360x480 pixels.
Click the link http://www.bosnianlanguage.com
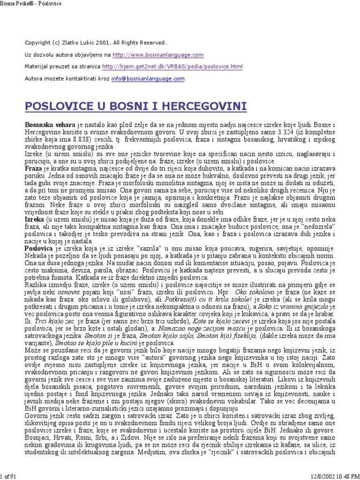pyautogui.click(x=158, y=55)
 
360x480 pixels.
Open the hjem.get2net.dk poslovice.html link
pyautogui.click(x=172, y=67)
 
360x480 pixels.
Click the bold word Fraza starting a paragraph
pyautogui.click(x=33, y=167)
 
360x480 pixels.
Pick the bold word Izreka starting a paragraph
pyautogui.click(x=34, y=219)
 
